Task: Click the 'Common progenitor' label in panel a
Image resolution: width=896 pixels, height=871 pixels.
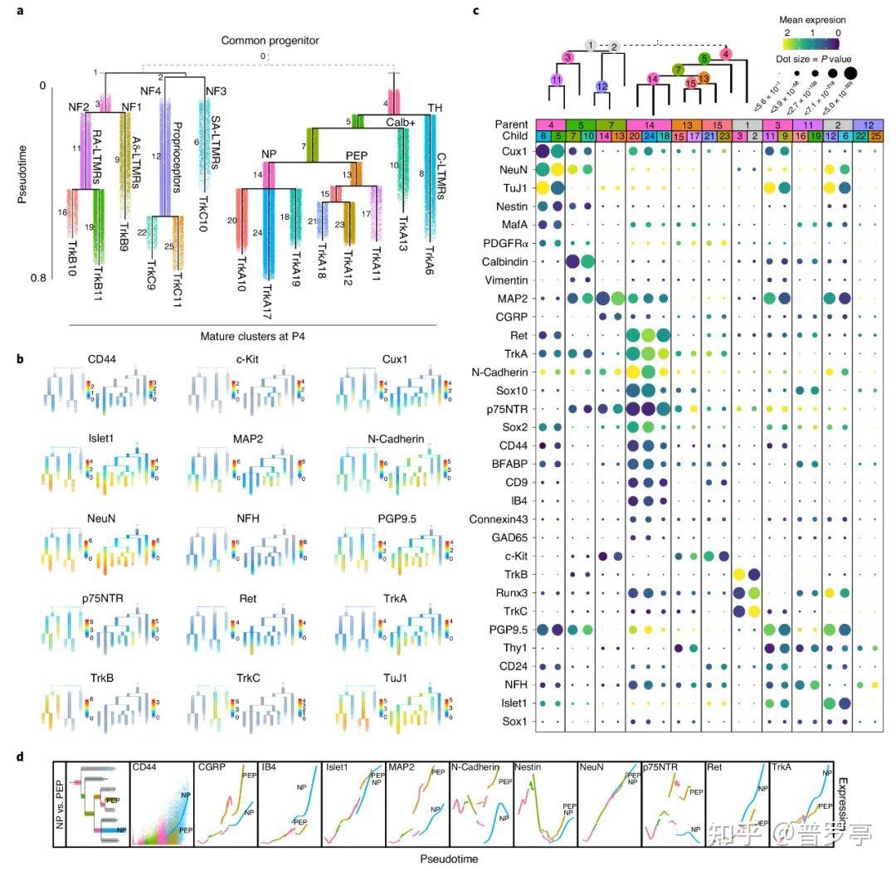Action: click(265, 41)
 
